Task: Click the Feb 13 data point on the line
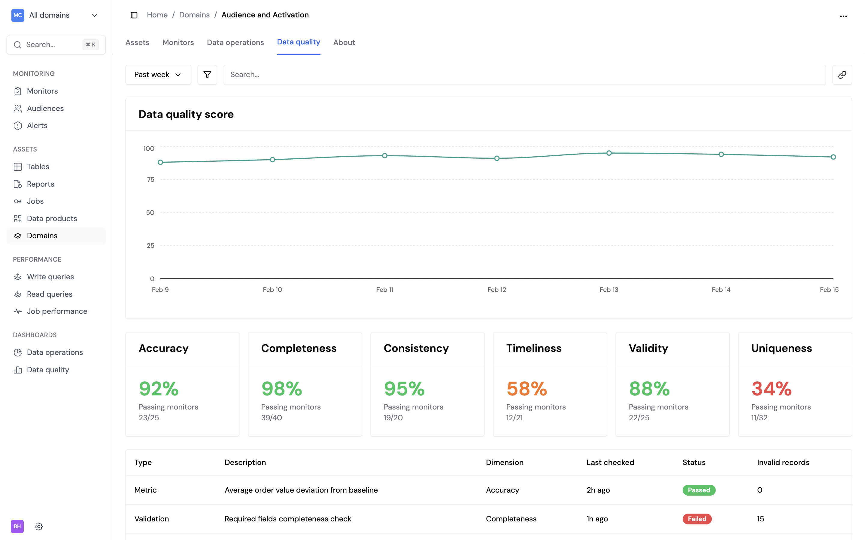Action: pos(609,153)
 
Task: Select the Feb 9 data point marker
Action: pos(160,163)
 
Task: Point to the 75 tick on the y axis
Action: pos(150,180)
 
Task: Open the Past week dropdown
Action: pos(158,75)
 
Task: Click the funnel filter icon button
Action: pos(207,75)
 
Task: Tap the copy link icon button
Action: pos(842,75)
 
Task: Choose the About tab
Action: pos(344,43)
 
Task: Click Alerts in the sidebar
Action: pos(37,126)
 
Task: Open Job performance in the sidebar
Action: pos(57,311)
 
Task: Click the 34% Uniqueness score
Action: pos(771,388)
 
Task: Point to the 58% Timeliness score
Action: pos(527,388)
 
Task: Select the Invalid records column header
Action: pos(783,463)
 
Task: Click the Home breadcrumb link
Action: pos(157,15)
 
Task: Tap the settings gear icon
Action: pos(39,526)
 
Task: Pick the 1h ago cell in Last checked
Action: pos(597,519)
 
